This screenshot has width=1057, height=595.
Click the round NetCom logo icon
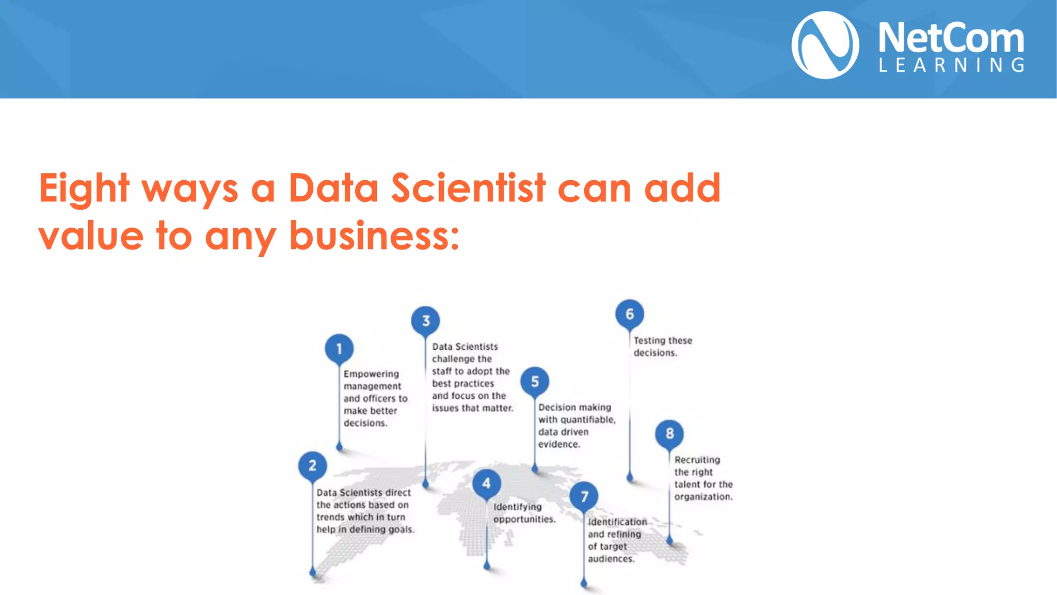[x=825, y=45]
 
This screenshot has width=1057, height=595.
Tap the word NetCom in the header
[x=951, y=38]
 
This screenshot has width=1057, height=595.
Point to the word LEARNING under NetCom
[x=951, y=65]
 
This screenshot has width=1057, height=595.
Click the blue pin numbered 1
[x=339, y=349]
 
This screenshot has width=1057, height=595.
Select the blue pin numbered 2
[x=312, y=465]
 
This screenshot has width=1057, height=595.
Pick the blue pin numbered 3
[x=426, y=321]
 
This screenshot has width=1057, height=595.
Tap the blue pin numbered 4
[x=486, y=483]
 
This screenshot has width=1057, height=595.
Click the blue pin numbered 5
[x=535, y=381]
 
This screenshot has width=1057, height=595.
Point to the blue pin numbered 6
[x=630, y=314]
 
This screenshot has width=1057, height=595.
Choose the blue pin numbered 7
[x=584, y=496]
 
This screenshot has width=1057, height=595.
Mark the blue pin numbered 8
[x=669, y=433]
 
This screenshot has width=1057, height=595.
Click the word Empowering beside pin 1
[x=371, y=374]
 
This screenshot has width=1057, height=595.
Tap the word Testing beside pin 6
[x=648, y=340]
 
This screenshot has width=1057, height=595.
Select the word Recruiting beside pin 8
[x=697, y=460]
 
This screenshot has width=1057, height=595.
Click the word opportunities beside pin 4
[x=524, y=519]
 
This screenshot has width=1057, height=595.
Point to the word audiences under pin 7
[x=611, y=559]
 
